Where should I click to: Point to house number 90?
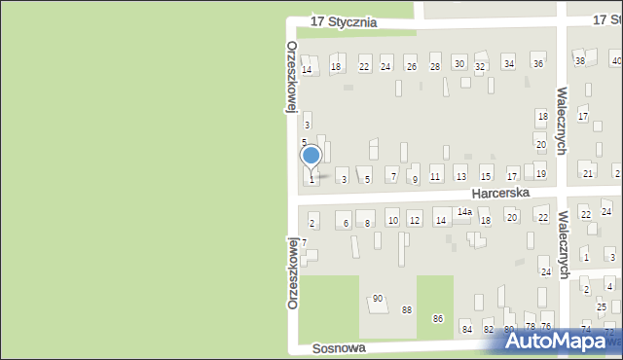coord(378,299)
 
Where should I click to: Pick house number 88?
coord(407,309)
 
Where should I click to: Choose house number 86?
coord(438,318)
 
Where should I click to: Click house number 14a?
coord(465,212)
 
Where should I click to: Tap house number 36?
coord(537,64)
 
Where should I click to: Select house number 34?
coord(508,63)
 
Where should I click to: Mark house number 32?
coord(480,67)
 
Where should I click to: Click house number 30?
coord(458,63)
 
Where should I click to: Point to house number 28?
coord(434,67)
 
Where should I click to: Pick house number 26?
coord(411,67)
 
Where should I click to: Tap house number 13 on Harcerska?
coord(460,178)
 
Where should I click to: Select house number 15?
coord(486,177)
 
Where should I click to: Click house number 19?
coord(541,174)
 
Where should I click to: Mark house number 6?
coord(346,224)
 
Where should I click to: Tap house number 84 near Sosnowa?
coord(466,329)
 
